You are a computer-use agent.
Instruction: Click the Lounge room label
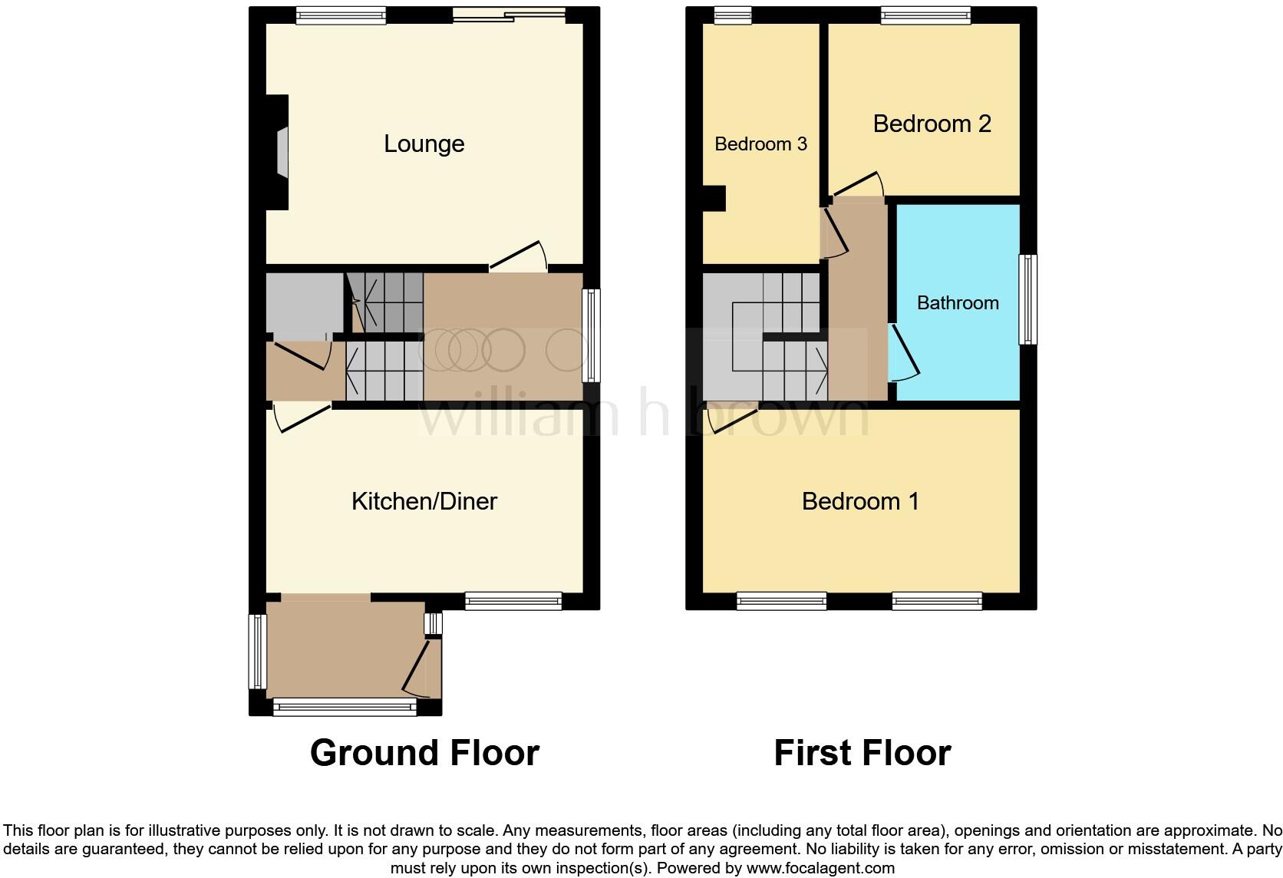point(424,144)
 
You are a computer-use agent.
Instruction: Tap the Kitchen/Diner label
point(424,501)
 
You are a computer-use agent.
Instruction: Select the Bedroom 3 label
point(760,144)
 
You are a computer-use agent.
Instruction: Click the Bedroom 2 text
point(932,124)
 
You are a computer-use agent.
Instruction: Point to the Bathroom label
point(958,302)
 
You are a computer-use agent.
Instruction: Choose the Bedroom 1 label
point(859,501)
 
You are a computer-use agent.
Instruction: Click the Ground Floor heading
point(424,753)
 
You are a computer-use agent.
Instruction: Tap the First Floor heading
point(862,753)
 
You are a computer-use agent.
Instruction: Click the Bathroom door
point(905,352)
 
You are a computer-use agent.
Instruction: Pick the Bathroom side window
point(1027,299)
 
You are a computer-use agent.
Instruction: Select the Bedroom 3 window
point(732,15)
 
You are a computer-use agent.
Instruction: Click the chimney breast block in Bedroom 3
point(715,198)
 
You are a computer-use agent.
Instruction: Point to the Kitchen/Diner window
point(513,601)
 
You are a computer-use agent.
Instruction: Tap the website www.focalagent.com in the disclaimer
point(820,869)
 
